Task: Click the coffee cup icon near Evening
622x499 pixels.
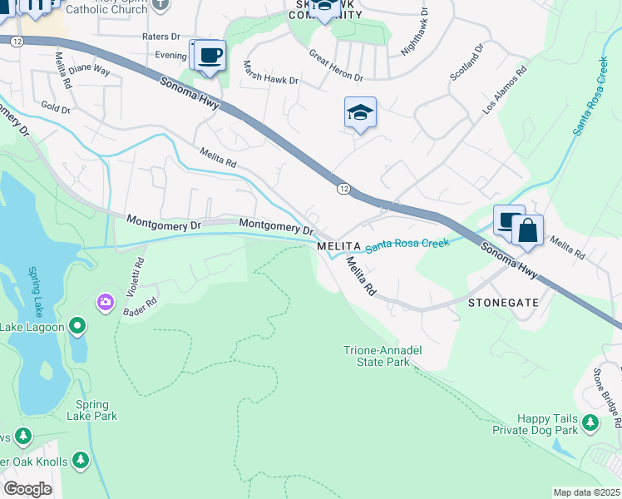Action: (210, 56)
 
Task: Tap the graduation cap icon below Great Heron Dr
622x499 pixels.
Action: (360, 113)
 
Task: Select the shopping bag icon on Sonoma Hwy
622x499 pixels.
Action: (527, 230)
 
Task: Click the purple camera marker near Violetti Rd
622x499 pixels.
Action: (106, 300)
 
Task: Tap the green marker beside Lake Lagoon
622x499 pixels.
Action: (77, 326)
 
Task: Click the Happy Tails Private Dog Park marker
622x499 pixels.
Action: (590, 423)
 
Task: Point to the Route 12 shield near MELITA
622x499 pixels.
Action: (343, 189)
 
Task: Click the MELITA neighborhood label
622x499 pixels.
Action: (338, 247)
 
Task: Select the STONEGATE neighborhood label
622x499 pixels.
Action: (503, 303)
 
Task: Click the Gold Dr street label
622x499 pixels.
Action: (56, 109)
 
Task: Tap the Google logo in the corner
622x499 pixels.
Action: (28, 489)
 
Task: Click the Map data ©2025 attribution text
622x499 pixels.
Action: (586, 492)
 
